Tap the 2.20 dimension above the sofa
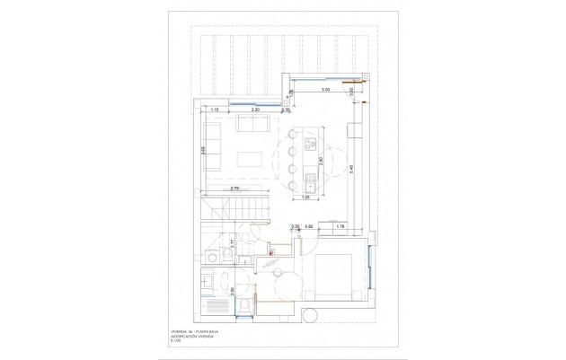255,109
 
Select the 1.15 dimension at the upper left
216,109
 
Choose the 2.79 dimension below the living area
234,188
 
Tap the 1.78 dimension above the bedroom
340,226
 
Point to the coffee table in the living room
250,159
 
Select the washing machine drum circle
210,258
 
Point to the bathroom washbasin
208,281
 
